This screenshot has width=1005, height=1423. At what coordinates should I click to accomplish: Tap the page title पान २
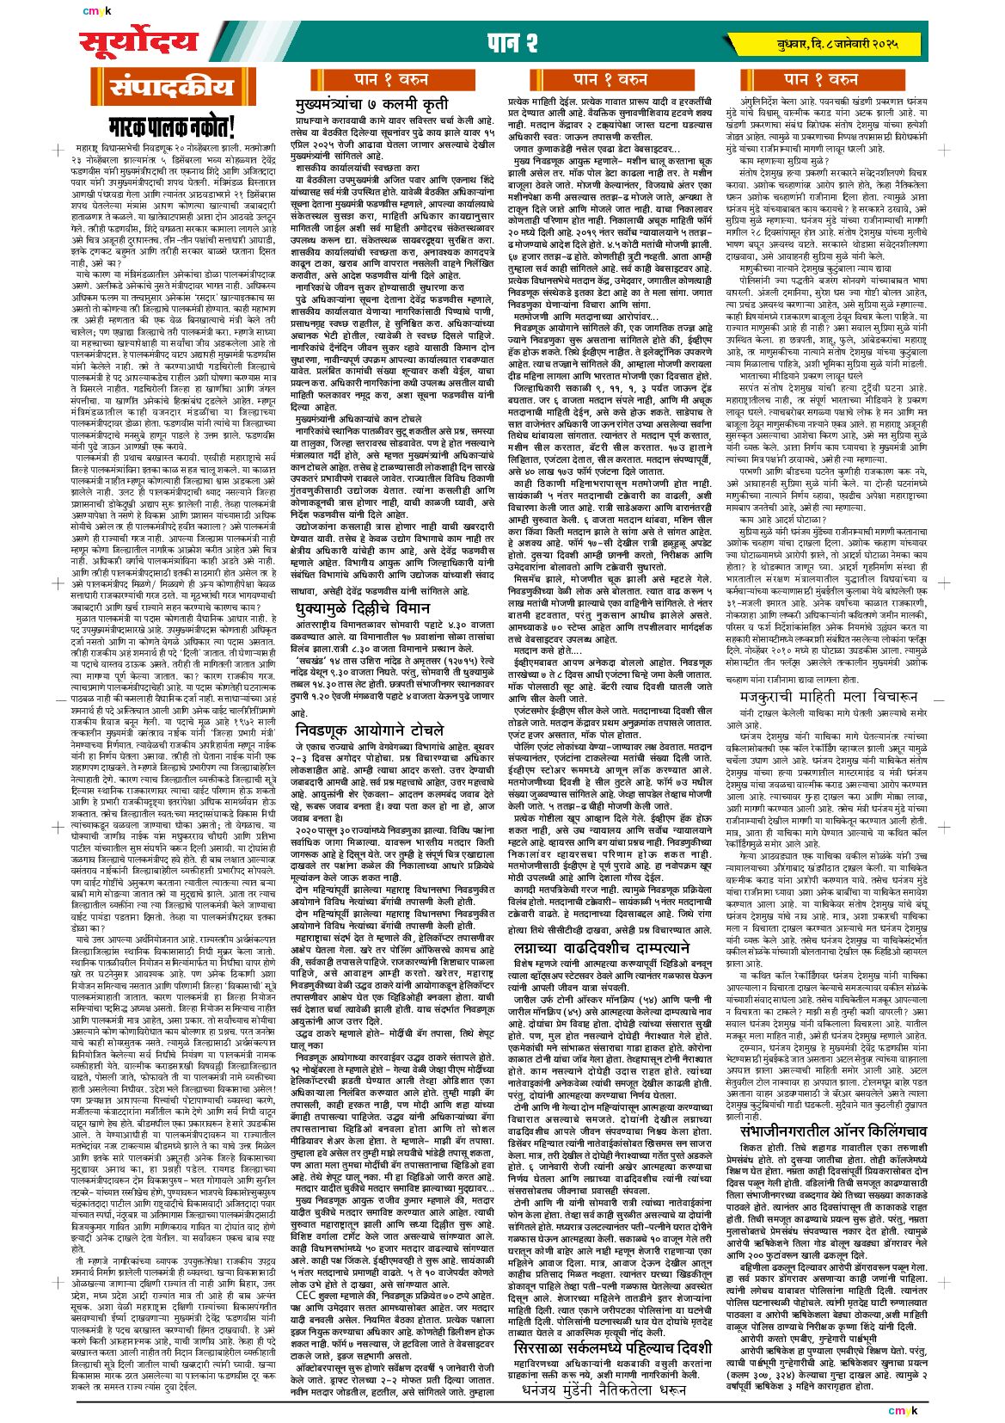tap(513, 41)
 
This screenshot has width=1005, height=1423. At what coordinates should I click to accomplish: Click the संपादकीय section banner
tap(170, 87)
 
